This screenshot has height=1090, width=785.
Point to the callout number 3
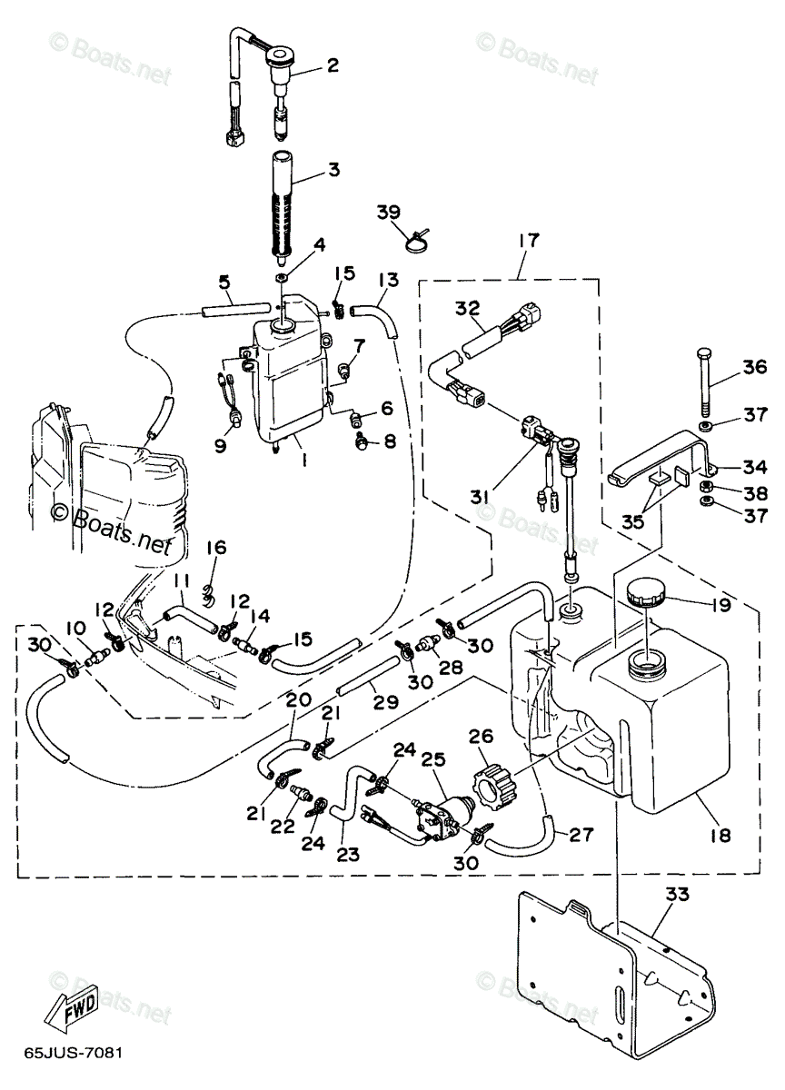coord(333,170)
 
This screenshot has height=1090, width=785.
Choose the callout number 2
coord(332,65)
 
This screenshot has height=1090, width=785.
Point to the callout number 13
coord(387,279)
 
